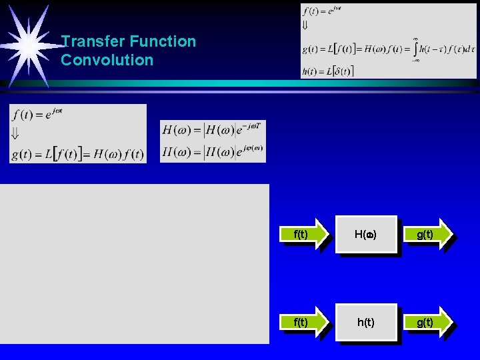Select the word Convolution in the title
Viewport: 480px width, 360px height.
coord(107,60)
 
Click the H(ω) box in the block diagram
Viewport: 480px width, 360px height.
coord(366,235)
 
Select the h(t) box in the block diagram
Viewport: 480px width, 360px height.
coord(366,323)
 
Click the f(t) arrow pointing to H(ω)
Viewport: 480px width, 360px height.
coord(303,235)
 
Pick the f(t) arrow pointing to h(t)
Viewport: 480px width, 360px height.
coord(303,323)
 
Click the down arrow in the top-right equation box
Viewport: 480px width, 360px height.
coord(305,25)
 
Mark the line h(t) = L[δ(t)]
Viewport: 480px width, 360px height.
coord(328,71)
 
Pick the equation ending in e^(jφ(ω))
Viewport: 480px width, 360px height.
coord(213,152)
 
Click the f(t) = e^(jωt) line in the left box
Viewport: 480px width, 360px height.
coord(37,114)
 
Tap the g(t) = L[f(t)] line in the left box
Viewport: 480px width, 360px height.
coord(77,154)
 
